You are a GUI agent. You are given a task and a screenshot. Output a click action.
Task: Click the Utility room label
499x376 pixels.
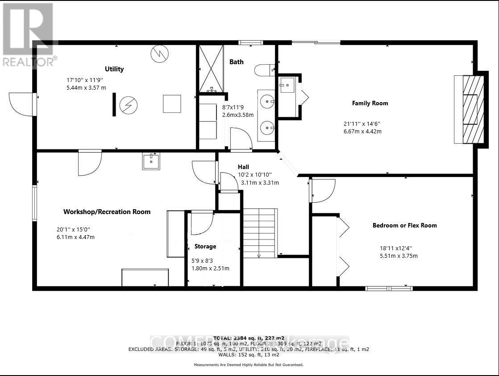[114, 69]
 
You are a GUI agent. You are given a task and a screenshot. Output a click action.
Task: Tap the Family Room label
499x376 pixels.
[370, 103]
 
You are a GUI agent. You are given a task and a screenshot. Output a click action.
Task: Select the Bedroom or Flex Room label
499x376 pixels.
[404, 225]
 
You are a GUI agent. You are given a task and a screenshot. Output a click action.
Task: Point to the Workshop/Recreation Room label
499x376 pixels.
[107, 211]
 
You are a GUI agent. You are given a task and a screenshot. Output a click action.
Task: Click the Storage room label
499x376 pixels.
[205, 246]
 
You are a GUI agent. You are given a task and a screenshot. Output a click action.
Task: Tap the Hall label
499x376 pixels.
[243, 166]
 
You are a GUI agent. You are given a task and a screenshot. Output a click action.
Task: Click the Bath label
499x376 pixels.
[237, 62]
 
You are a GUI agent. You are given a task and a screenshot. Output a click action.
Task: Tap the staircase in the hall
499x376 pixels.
[259, 233]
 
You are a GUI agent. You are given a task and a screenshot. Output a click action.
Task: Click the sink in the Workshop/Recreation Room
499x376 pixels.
[151, 161]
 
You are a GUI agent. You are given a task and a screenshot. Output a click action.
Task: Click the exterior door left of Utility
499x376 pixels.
[21, 104]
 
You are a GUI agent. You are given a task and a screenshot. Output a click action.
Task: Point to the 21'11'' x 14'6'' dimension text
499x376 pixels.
[362, 124]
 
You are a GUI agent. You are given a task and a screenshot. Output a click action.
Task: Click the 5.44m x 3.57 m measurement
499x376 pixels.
[86, 87]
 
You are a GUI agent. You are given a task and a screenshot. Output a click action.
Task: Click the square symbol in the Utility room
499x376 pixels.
[171, 104]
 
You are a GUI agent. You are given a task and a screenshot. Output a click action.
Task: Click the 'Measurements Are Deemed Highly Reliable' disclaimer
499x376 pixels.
[249, 364]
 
